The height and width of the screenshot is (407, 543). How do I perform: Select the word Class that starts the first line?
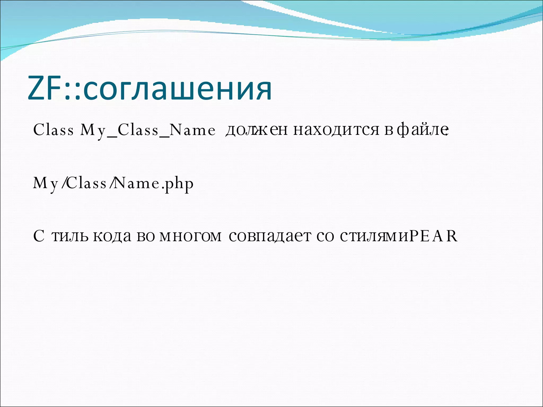[x=53, y=130]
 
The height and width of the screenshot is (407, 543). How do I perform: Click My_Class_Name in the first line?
[x=148, y=130]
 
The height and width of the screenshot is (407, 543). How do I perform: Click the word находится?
[x=336, y=130]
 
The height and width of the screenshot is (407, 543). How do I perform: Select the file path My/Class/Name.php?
[x=113, y=183]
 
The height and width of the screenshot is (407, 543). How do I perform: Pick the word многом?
[x=190, y=236]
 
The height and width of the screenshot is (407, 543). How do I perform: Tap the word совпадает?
[x=270, y=236]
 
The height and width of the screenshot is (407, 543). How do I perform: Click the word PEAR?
[x=433, y=236]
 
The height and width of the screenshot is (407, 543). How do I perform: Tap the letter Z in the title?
[x=36, y=88]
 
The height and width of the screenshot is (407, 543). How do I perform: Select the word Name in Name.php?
[x=136, y=183]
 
